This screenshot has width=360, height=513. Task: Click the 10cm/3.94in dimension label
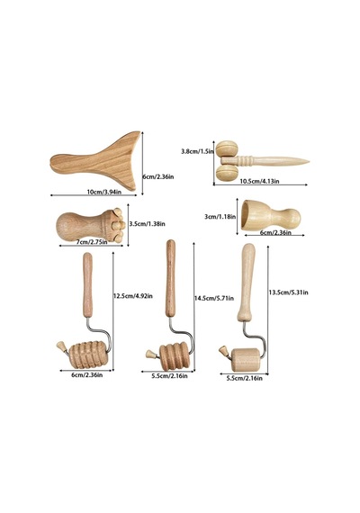tap(104, 192)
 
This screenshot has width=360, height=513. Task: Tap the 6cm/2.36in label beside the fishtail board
tap(158, 176)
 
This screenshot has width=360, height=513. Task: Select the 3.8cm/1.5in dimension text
tap(198, 151)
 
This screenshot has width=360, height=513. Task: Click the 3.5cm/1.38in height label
tap(147, 224)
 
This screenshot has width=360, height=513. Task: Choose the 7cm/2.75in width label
tap(92, 242)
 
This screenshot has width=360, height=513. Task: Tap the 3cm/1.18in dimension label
tap(220, 216)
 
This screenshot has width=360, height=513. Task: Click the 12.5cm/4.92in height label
tap(133, 296)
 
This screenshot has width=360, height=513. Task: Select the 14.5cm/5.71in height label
tap(214, 298)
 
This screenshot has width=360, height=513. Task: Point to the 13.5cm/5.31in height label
tap(288, 292)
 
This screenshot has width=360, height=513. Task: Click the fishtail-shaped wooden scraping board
tap(96, 161)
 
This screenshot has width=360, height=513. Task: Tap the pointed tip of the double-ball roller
tap(309, 161)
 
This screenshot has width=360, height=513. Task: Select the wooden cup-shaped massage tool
tap(271, 216)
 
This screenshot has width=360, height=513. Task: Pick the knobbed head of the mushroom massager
tap(114, 225)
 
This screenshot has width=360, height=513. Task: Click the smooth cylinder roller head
tap(246, 360)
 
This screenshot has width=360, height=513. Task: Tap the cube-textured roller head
tap(88, 355)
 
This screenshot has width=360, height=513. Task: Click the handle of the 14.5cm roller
tap(170, 278)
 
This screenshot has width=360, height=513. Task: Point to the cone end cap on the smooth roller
tap(224, 351)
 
